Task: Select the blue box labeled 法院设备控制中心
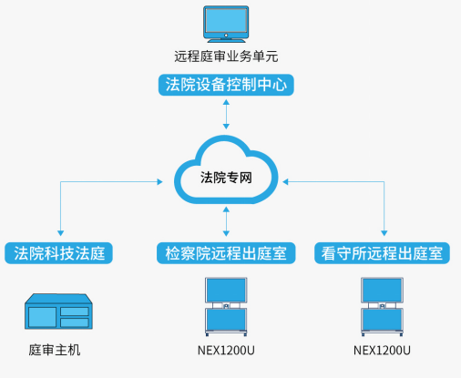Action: tap(226, 86)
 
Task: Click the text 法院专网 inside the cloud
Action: tap(226, 179)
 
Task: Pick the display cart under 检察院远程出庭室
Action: tap(224, 306)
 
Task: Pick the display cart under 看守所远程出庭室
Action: tap(383, 306)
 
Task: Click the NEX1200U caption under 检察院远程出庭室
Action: tap(226, 351)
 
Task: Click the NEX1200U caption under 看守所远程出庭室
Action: tap(383, 351)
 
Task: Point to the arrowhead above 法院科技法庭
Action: tap(60, 233)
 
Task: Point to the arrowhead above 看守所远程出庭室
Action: tap(384, 233)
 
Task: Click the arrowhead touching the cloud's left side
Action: tap(165, 181)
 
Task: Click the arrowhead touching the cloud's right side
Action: tap(287, 181)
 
